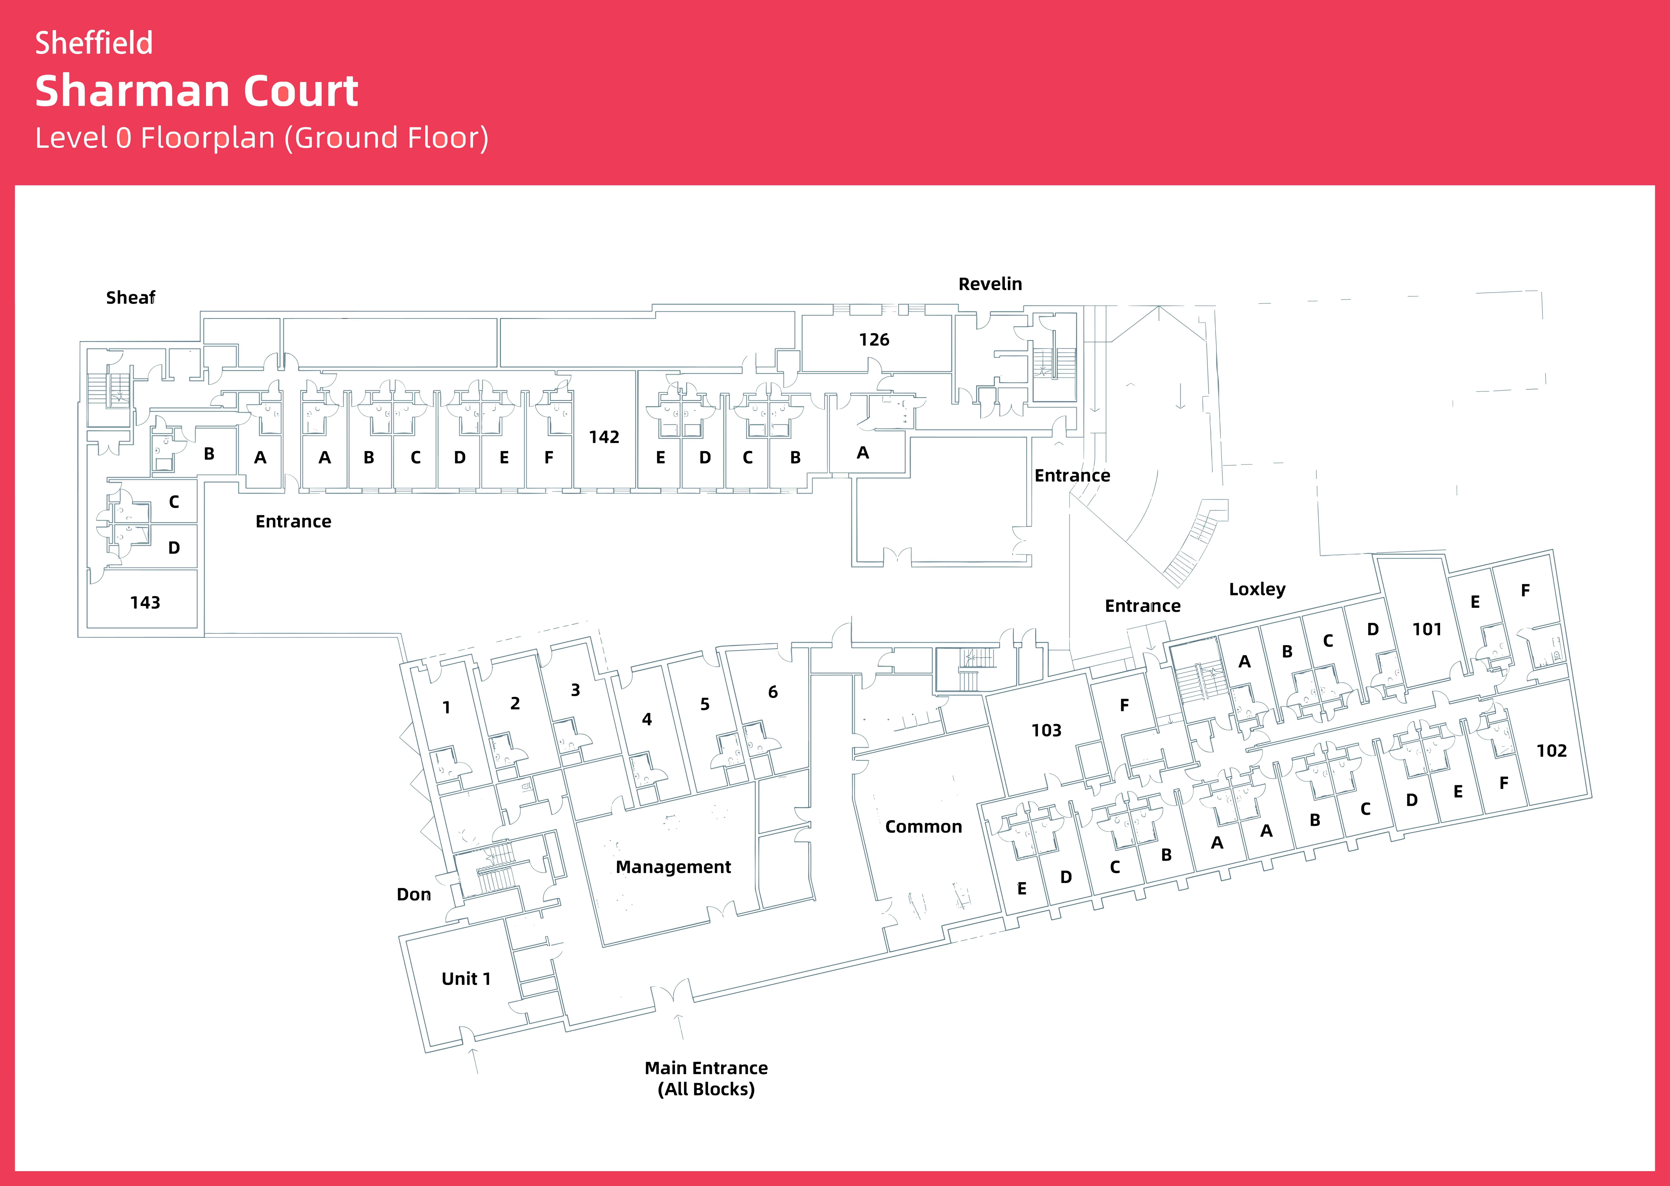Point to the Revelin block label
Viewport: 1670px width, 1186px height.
click(990, 284)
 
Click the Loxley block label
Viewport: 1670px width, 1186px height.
click(1256, 589)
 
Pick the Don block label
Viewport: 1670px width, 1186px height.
click(414, 895)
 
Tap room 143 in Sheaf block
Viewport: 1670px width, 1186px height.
click(145, 603)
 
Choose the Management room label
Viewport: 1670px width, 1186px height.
click(673, 867)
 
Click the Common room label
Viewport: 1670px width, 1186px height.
click(923, 827)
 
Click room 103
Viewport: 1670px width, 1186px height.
click(1046, 730)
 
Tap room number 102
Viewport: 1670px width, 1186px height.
click(1551, 751)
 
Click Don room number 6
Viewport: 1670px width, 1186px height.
click(772, 692)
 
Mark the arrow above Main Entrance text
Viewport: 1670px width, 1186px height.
click(679, 1026)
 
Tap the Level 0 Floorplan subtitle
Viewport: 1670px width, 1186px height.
click(262, 138)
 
